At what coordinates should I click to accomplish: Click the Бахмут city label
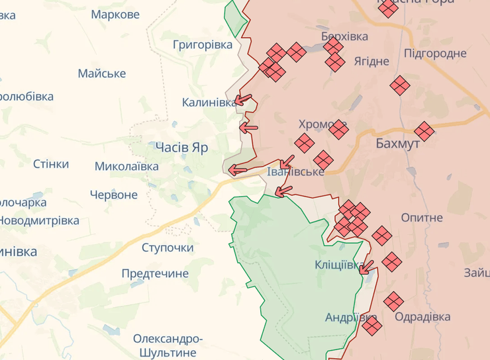[x=397, y=144]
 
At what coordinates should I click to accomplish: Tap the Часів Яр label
[x=181, y=147]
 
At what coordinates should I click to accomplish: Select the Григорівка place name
[x=203, y=44]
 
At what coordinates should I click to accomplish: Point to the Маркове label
[x=115, y=14]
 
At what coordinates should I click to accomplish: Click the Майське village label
[x=102, y=73]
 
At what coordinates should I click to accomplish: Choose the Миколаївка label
[x=126, y=166]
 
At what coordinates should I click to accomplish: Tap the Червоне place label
[x=114, y=195]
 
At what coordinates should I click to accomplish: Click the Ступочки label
[x=168, y=247]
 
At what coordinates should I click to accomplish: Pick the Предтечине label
[x=155, y=273]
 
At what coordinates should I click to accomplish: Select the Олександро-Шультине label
[x=168, y=345]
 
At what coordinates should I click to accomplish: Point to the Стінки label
[x=51, y=163]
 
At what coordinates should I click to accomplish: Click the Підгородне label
[x=435, y=53]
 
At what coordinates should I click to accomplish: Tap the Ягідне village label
[x=371, y=61]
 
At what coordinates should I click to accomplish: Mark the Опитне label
[x=422, y=217]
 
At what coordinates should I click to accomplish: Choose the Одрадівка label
[x=422, y=317]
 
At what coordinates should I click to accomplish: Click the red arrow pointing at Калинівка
[x=244, y=101]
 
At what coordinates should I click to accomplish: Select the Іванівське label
[x=295, y=171]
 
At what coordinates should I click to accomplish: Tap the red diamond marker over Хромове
[x=338, y=129]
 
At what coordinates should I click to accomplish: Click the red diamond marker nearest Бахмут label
[x=424, y=131]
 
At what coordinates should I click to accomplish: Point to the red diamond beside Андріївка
[x=371, y=325]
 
